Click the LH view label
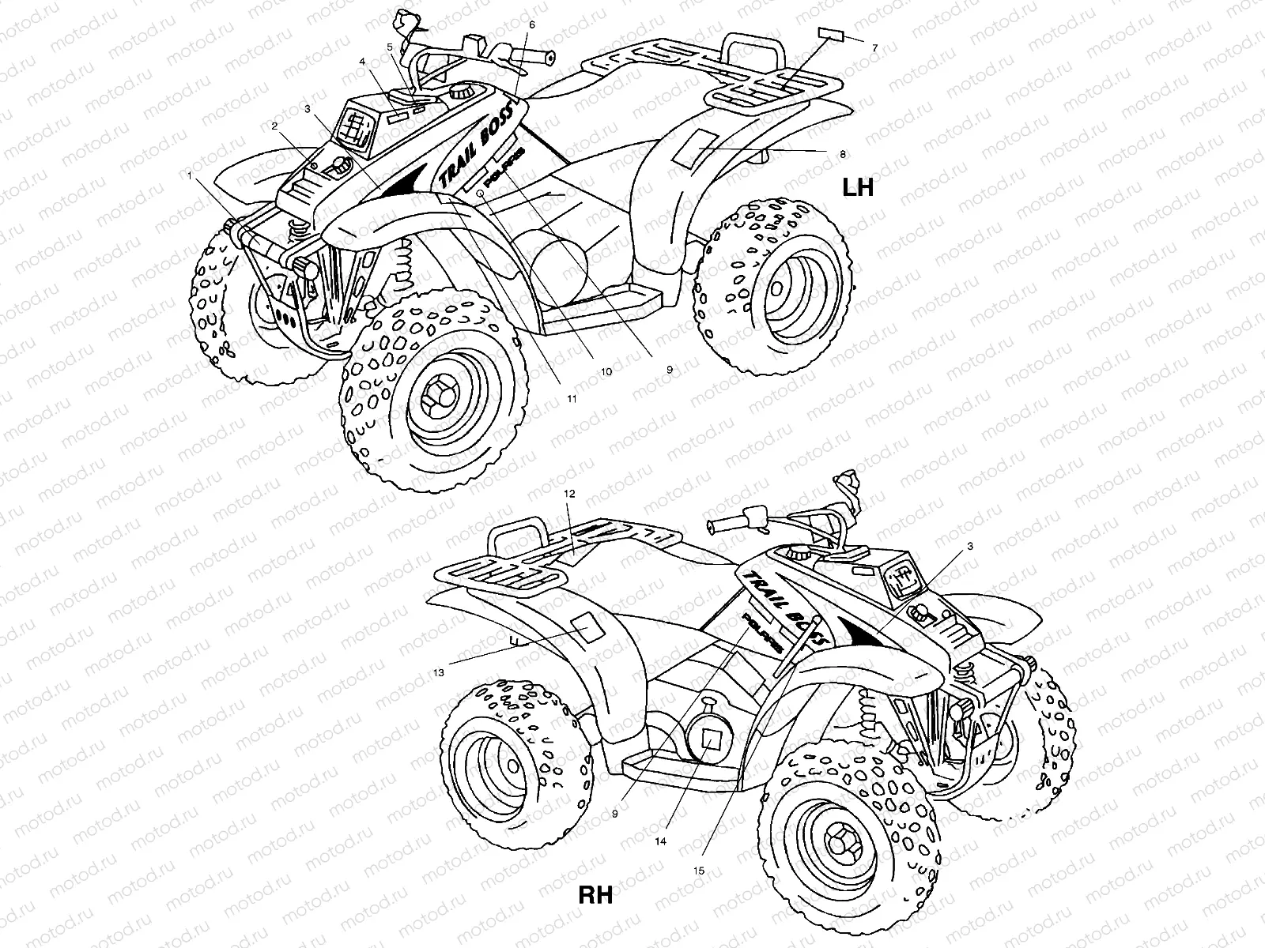[857, 188]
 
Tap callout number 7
[875, 48]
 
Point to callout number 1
[189, 178]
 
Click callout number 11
[571, 399]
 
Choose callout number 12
[570, 493]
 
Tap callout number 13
[439, 672]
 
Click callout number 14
[660, 841]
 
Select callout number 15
[698, 871]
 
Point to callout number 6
[531, 24]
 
